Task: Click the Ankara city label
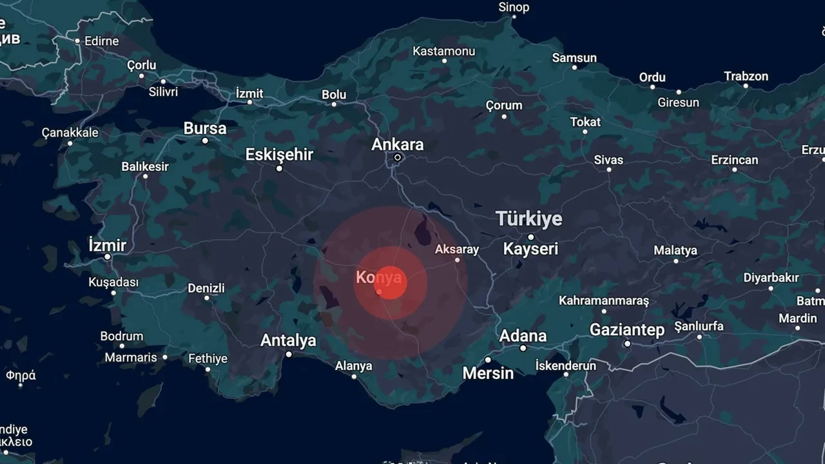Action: (x=398, y=144)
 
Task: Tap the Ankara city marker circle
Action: (x=398, y=157)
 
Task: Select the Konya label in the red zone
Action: (x=379, y=278)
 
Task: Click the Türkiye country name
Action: (x=529, y=219)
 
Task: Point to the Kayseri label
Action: (x=530, y=249)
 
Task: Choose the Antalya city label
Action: (x=288, y=340)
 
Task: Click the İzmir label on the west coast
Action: (x=107, y=246)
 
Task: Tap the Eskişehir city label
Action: (x=279, y=155)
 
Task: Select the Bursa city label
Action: (x=205, y=128)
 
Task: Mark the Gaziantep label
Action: (x=627, y=331)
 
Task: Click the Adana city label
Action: (x=523, y=336)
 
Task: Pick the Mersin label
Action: (x=488, y=373)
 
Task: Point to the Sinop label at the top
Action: (x=514, y=7)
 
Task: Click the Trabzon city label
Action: (x=746, y=76)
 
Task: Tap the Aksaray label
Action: (x=457, y=249)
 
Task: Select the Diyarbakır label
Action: (x=771, y=278)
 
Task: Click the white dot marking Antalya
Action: (x=289, y=354)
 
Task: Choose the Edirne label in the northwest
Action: (x=101, y=41)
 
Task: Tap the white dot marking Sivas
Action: (x=609, y=169)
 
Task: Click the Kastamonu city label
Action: (x=444, y=51)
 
